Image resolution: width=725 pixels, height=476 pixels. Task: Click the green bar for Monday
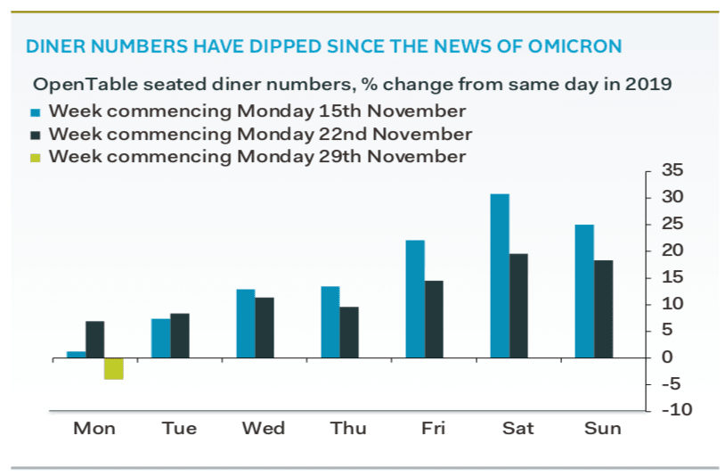click(x=113, y=368)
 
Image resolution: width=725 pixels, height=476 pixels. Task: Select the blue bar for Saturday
click(x=499, y=275)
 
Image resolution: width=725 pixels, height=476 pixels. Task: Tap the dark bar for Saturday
click(x=518, y=306)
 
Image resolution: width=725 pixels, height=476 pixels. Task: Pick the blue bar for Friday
click(x=415, y=299)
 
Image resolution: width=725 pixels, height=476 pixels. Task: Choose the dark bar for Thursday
click(x=349, y=332)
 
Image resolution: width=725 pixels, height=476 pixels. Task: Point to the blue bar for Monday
click(x=77, y=354)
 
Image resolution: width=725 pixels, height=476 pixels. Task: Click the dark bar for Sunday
click(x=603, y=308)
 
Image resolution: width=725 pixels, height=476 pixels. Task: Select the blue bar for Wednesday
click(x=245, y=323)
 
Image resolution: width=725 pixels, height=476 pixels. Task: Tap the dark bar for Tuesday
click(x=180, y=335)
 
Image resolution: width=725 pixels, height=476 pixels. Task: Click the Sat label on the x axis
click(x=517, y=429)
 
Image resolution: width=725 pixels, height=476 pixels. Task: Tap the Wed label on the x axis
click(x=264, y=429)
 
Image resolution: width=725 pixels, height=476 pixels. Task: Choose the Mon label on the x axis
click(x=94, y=429)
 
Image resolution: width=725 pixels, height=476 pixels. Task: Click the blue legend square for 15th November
click(x=37, y=113)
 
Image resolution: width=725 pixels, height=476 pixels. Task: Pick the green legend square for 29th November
click(x=37, y=158)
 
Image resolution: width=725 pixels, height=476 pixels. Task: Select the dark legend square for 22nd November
click(x=37, y=135)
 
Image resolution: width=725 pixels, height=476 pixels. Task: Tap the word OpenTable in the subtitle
click(x=75, y=86)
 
